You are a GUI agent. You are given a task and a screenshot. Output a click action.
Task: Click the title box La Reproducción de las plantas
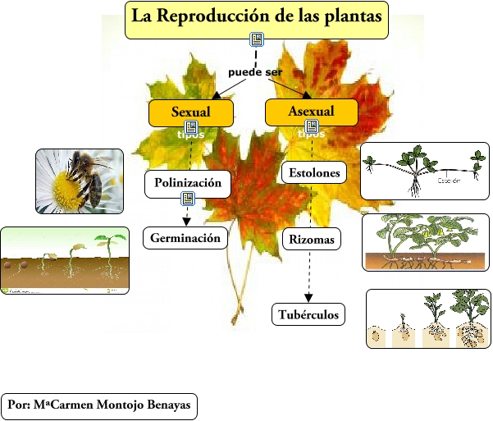(257, 19)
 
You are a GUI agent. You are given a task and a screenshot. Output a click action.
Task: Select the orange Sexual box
(190, 112)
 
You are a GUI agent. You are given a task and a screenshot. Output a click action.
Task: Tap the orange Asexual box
(311, 112)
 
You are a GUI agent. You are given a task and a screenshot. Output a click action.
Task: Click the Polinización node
(188, 184)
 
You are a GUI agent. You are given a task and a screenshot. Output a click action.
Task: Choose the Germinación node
(185, 239)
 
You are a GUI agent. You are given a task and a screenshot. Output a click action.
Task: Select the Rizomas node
(311, 240)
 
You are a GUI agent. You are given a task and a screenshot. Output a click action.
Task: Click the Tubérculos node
(308, 314)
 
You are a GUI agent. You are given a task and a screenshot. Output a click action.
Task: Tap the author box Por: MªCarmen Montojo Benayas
(99, 405)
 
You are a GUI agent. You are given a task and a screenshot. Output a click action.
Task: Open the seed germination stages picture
(65, 261)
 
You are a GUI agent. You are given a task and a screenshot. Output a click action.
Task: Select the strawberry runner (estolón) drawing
(425, 171)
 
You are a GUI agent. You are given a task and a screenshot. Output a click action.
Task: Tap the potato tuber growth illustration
(427, 318)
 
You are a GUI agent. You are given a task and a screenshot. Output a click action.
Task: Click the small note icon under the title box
(257, 39)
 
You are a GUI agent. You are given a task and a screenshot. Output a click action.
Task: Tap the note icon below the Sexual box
(191, 127)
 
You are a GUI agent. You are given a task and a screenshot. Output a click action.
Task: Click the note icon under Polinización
(187, 199)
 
